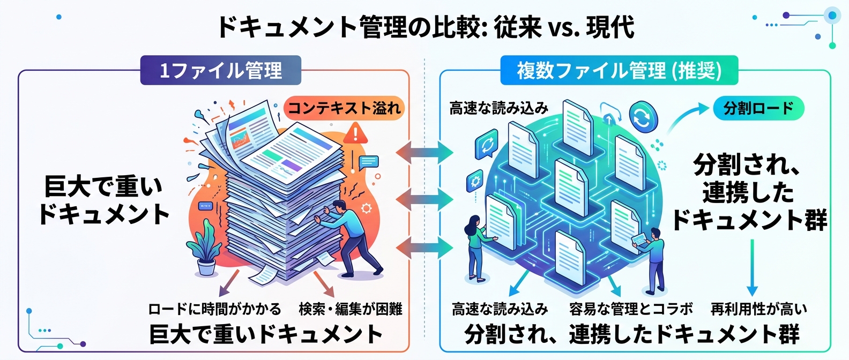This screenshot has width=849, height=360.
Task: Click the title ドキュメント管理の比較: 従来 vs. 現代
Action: click(x=424, y=27)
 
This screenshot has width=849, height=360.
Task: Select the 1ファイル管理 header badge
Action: click(x=221, y=71)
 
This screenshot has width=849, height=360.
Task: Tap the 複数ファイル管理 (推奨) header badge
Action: click(x=619, y=71)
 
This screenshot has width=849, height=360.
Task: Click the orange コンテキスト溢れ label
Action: click(x=344, y=108)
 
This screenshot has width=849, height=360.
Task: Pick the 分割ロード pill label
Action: click(x=758, y=108)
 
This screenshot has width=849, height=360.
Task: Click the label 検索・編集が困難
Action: click(x=350, y=309)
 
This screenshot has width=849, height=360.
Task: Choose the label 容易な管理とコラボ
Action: click(x=631, y=309)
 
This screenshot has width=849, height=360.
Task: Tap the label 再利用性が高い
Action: click(x=758, y=309)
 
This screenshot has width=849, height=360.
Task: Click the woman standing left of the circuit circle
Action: click(x=476, y=246)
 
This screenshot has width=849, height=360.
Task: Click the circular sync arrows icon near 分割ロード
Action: click(x=643, y=117)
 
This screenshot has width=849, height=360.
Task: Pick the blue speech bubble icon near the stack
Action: click(x=369, y=162)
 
